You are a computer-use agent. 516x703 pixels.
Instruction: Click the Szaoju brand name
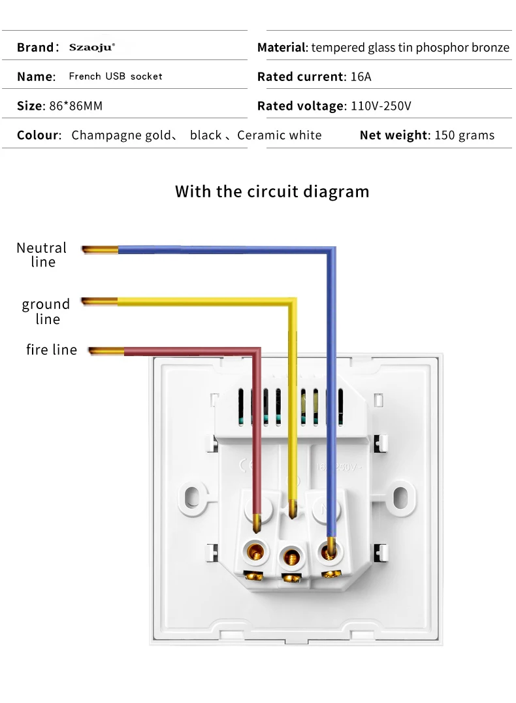pos(91,47)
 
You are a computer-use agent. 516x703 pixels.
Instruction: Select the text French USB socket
pos(116,76)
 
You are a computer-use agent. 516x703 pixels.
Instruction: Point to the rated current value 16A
pos(361,76)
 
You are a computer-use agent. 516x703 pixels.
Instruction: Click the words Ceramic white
pos(280,135)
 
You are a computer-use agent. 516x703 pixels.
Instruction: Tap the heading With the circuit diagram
pos(272,191)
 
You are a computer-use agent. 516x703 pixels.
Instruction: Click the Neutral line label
pos(42,255)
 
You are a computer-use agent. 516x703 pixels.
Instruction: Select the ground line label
pos(46,311)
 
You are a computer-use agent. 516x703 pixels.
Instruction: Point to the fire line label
pos(52,350)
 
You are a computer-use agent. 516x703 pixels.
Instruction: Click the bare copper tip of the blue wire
pos(99,249)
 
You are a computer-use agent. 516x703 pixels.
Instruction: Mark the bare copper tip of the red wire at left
pos(106,351)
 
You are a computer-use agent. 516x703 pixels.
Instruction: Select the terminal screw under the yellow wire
pos(291,556)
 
